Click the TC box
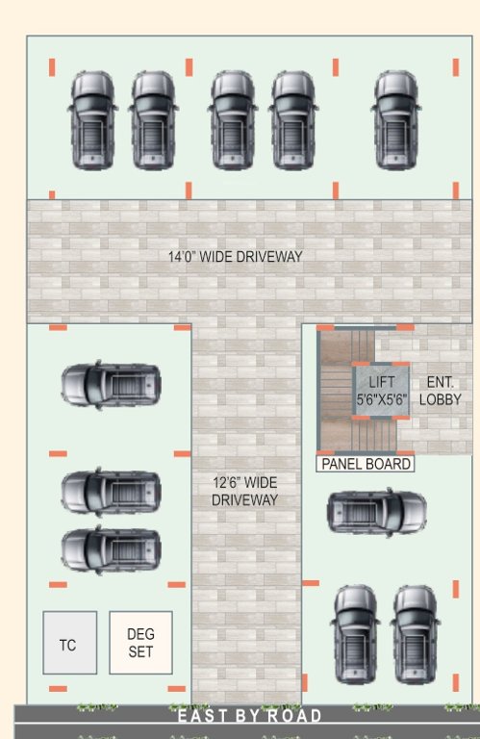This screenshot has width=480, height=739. point(69,643)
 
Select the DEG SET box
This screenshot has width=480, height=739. point(140,643)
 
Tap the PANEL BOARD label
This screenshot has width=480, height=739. point(366,464)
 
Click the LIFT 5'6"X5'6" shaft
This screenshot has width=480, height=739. point(382,391)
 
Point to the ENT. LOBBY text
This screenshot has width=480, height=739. point(441,391)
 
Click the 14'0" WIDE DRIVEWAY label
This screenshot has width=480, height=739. point(236,257)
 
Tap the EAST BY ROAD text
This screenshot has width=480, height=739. point(249,716)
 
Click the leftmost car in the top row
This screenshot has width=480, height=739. point(92,120)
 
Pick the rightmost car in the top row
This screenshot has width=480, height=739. point(396,120)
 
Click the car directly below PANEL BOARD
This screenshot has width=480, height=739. point(376,512)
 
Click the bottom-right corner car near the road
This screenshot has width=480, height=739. point(416,634)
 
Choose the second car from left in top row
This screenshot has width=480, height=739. point(153,120)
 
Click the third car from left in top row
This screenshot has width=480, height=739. point(232,120)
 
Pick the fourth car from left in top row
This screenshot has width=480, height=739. point(293,120)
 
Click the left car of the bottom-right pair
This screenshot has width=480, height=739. point(355,634)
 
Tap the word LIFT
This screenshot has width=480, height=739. point(382,383)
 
